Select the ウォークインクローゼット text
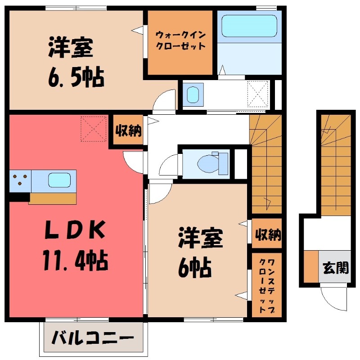point(180,40)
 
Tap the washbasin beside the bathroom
point(194,95)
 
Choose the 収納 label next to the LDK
point(128,131)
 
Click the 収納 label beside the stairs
point(268,234)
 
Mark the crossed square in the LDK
point(94,129)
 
